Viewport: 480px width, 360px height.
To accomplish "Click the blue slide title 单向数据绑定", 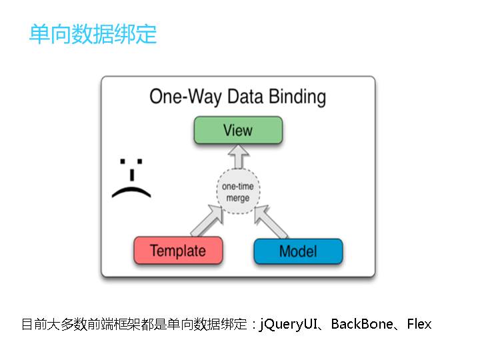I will click(x=93, y=34).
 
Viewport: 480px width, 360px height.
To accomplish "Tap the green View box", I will click(x=238, y=130).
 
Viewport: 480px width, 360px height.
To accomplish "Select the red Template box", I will click(x=177, y=251).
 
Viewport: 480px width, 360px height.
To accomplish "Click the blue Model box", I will click(x=298, y=251).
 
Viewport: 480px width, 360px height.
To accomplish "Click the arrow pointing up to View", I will click(x=238, y=158).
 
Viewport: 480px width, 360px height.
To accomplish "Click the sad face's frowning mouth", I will click(x=131, y=193).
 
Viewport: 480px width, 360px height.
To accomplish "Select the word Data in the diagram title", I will click(x=245, y=97).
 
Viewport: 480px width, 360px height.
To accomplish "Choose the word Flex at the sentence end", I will click(x=419, y=325).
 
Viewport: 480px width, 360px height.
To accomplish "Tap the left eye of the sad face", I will click(x=123, y=161).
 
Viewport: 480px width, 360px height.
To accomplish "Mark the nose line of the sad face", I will click(x=132, y=174).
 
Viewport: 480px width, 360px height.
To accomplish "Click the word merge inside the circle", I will click(x=238, y=199).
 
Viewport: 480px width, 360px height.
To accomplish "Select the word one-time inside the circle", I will click(x=238, y=187).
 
